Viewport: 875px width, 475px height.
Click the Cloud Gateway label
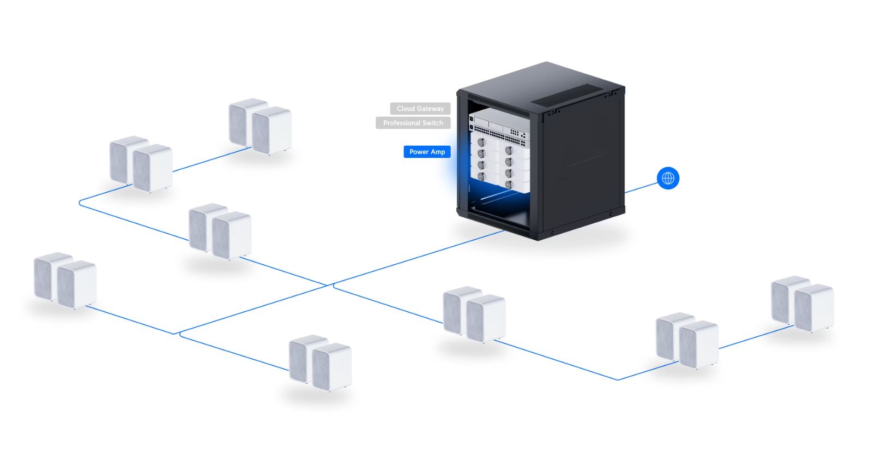(x=420, y=109)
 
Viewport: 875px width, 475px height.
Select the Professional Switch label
(x=413, y=123)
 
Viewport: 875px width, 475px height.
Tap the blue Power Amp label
(x=427, y=152)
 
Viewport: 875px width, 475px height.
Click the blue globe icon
(x=668, y=178)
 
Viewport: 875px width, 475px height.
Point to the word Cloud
(x=406, y=109)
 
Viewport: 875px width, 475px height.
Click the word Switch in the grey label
(x=433, y=123)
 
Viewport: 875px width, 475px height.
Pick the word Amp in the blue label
(x=438, y=152)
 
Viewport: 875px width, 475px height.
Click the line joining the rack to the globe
(x=641, y=187)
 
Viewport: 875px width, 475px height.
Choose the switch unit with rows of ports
(x=499, y=134)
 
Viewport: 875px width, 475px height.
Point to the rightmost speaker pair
(x=802, y=304)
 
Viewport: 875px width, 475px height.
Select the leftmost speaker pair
(x=65, y=280)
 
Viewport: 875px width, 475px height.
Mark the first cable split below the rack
(x=330, y=284)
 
